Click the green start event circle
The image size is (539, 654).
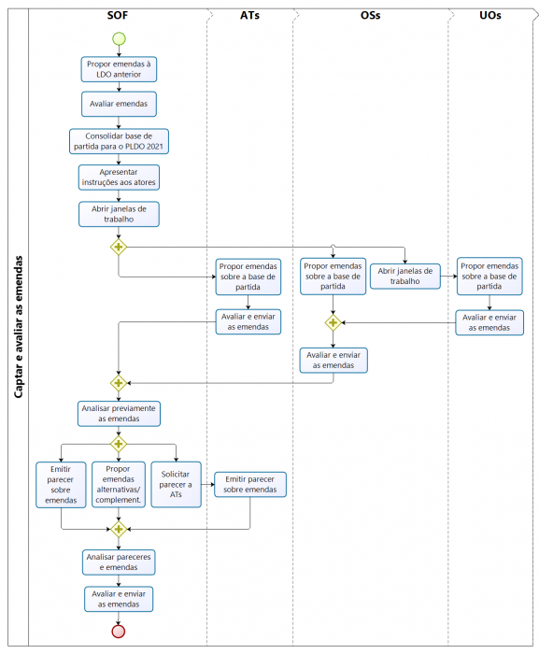tap(119, 38)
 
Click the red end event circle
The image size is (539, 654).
tap(119, 631)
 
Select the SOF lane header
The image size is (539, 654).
tap(118, 16)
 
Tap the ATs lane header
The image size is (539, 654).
tap(249, 16)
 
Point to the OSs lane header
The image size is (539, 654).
tap(370, 16)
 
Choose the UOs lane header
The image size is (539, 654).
tap(489, 16)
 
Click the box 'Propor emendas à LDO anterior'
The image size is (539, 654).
tap(119, 68)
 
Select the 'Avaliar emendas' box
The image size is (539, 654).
tap(119, 103)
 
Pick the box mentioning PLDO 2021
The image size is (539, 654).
tap(120, 141)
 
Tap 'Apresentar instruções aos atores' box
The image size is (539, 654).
tap(119, 178)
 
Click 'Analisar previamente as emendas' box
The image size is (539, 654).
tap(119, 413)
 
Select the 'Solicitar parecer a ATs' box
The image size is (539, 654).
tap(176, 484)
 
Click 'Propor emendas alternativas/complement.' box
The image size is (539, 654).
tap(118, 484)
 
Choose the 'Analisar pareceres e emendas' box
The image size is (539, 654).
tap(119, 561)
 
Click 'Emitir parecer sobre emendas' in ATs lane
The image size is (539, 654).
tap(250, 483)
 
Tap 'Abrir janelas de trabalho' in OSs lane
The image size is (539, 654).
tap(406, 276)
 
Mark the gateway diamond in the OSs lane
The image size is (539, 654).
tap(333, 322)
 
